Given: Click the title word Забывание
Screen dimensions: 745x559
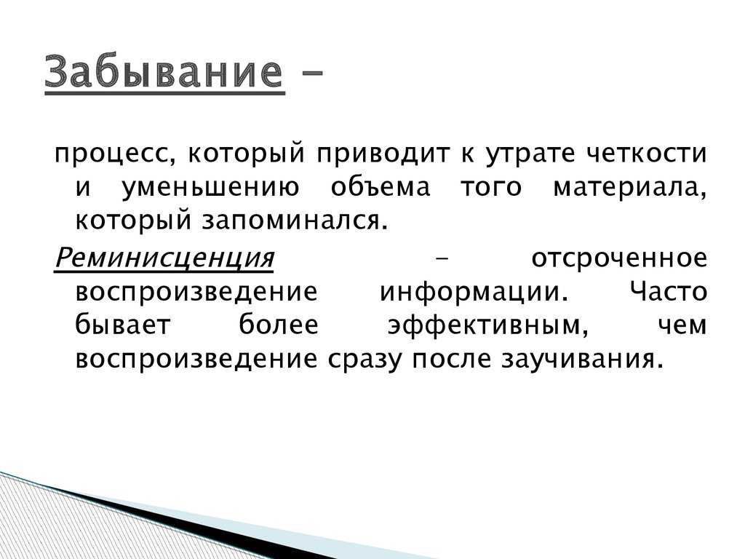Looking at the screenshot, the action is pos(164,71).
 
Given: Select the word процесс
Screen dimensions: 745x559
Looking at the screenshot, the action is pos(113,154).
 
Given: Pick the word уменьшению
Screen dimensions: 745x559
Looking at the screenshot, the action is pos(211,187).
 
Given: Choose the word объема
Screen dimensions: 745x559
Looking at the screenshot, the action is pos(381,186).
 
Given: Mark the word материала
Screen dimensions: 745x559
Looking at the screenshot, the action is pos(630,187).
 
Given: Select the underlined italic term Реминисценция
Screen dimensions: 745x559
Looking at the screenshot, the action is pos(164,258).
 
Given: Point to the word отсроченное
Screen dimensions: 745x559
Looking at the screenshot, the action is pos(619,259).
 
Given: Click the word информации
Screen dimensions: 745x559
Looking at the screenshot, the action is pos(474,292).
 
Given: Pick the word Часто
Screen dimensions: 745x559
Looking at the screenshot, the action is pos(669,291).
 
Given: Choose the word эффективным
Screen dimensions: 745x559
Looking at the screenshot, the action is pos(488,325).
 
